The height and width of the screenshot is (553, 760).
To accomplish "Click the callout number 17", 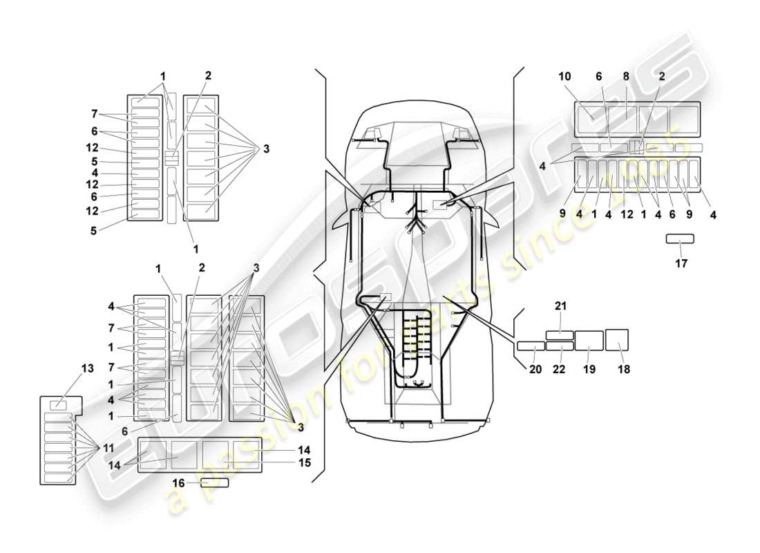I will [681, 263].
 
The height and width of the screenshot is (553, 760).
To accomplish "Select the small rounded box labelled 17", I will [680, 239].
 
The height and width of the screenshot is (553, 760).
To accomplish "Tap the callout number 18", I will [624, 369].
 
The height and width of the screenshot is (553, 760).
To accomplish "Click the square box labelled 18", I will [617, 340].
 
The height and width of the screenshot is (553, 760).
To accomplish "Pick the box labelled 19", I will [589, 341].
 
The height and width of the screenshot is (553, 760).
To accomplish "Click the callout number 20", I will [535, 369].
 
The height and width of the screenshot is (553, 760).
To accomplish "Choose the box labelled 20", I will [531, 346].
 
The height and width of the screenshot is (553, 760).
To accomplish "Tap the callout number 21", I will [560, 306].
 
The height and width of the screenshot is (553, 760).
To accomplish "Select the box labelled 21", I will [560, 335].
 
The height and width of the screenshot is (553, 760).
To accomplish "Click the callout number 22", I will [559, 369].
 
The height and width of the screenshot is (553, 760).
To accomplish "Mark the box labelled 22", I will [560, 346].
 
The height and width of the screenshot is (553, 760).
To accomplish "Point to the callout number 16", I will [179, 484].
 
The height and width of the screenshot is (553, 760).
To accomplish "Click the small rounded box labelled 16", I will [214, 482].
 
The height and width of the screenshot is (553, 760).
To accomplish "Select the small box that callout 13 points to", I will [60, 406].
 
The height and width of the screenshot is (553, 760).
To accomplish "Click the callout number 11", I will [108, 448].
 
